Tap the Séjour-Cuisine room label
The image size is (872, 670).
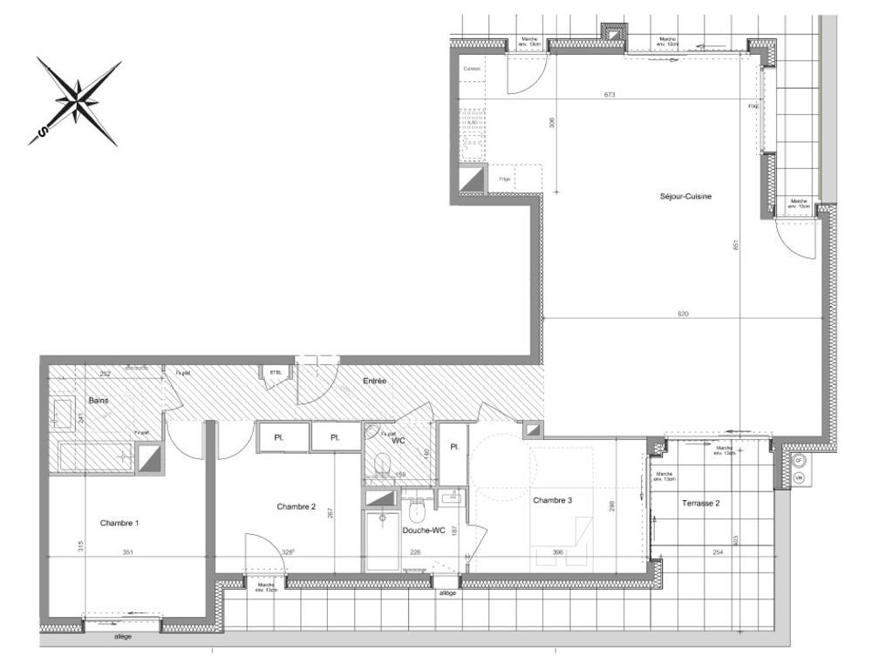pyautogui.click(x=686, y=197)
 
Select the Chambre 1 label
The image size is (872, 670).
pyautogui.click(x=120, y=523)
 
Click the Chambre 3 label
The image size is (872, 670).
pyautogui.click(x=553, y=500)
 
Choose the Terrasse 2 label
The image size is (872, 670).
pyautogui.click(x=701, y=503)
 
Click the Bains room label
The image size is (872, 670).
pyautogui.click(x=99, y=401)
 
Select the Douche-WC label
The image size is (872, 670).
pyautogui.click(x=425, y=530)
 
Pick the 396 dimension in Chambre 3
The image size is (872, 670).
pyautogui.click(x=558, y=552)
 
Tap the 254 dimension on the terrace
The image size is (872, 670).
pyautogui.click(x=718, y=552)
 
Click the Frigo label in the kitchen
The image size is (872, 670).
pyautogui.click(x=504, y=179)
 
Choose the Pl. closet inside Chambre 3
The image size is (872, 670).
pyautogui.click(x=454, y=447)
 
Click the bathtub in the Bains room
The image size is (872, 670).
pyautogui.click(x=95, y=456)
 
